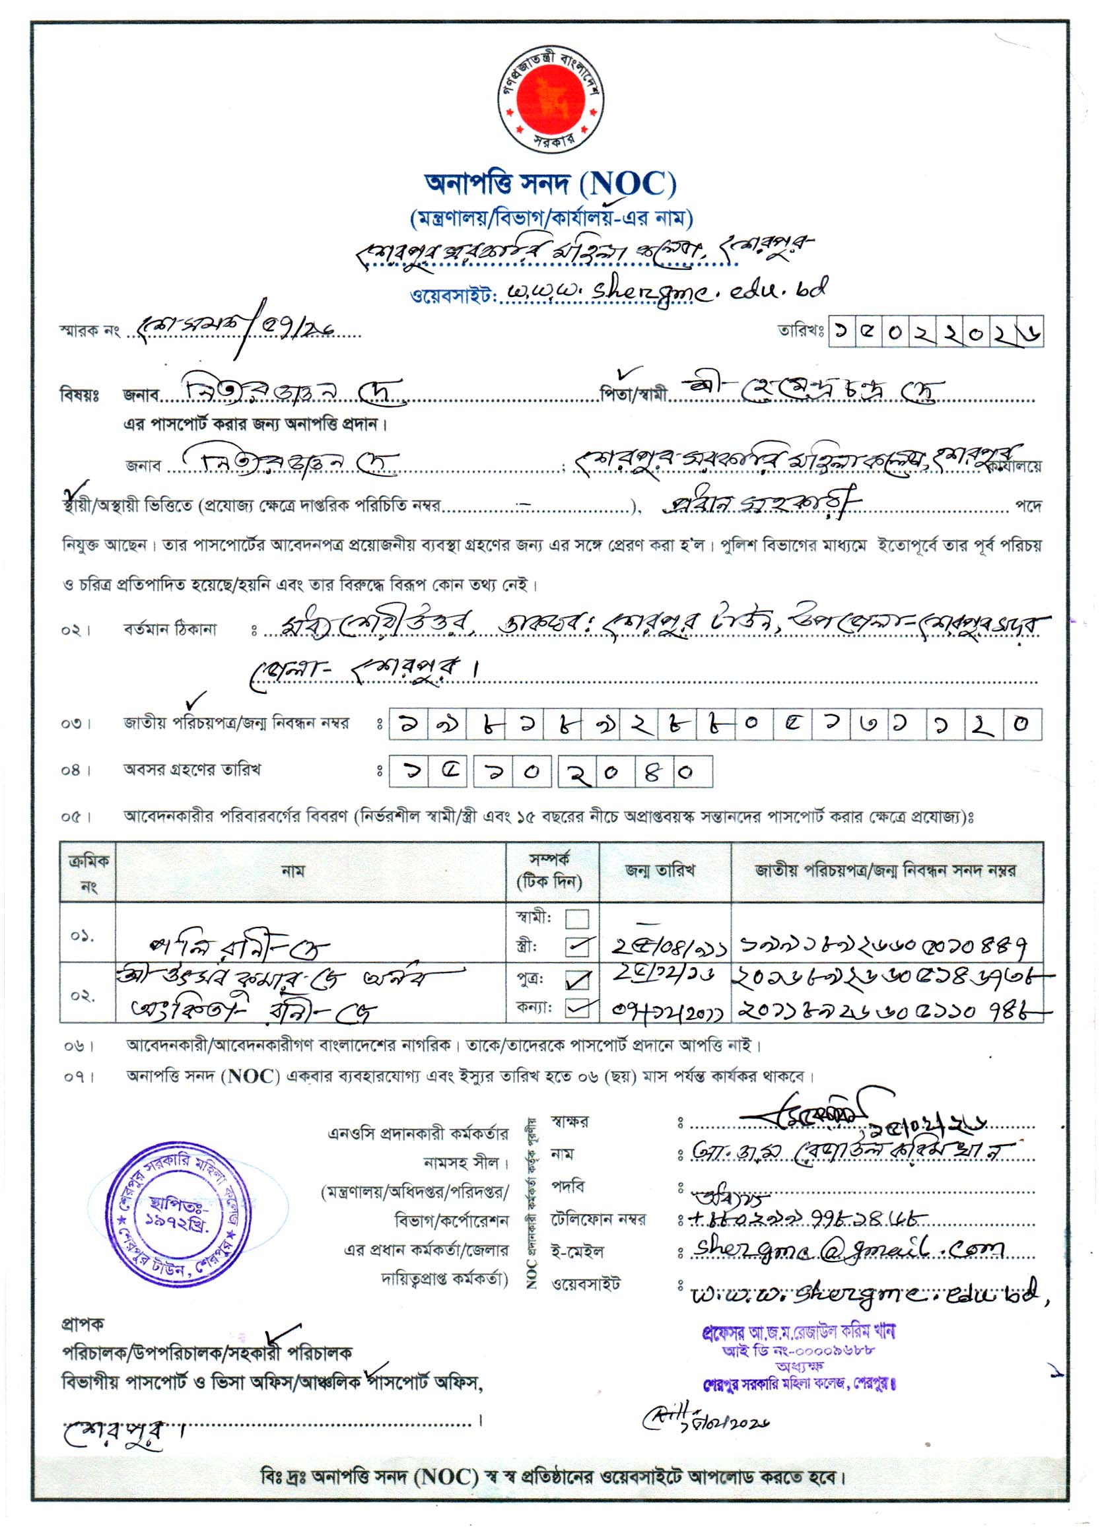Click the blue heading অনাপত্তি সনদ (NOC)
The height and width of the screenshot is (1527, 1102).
tap(550, 183)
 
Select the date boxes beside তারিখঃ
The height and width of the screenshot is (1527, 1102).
tap(936, 331)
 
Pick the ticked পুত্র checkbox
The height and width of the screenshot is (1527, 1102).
tap(577, 980)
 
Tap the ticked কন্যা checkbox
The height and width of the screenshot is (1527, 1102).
tap(577, 1008)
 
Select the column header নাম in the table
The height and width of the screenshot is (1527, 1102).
tap(294, 871)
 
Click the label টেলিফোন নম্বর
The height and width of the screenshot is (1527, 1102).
tap(598, 1219)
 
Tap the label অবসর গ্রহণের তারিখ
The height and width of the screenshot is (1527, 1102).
tap(192, 769)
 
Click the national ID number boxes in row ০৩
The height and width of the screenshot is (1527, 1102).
tap(715, 724)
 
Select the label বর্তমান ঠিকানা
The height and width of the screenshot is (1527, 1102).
tap(170, 630)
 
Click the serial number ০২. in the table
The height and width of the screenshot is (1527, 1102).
tap(82, 994)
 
